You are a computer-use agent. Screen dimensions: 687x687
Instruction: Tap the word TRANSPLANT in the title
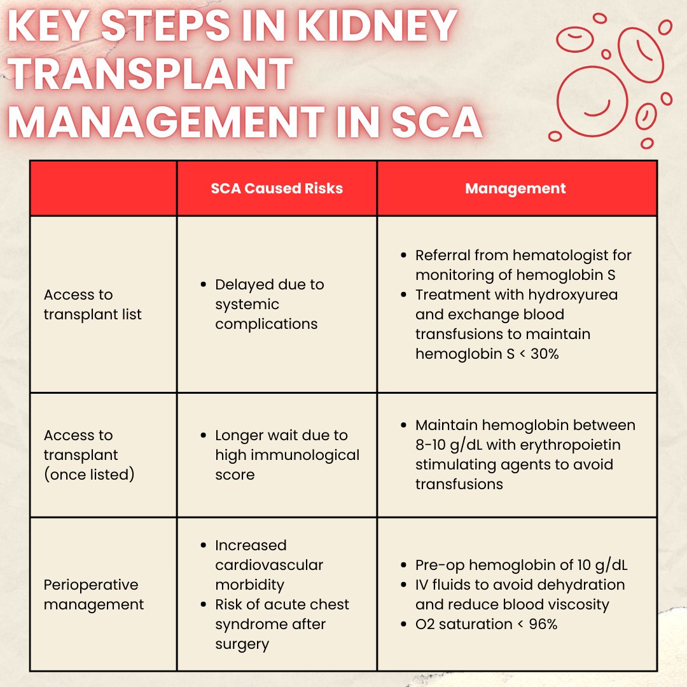point(151,74)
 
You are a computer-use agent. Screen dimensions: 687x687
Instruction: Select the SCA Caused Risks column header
point(277,188)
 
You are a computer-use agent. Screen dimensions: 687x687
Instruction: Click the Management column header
point(515,188)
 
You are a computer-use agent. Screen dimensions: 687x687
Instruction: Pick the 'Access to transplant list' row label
point(93,304)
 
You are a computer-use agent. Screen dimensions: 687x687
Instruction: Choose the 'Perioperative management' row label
point(94,594)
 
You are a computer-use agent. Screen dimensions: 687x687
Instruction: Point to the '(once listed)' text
point(89,475)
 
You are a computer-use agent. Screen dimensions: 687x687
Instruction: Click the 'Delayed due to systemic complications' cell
point(269,304)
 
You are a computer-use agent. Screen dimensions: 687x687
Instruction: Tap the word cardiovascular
point(269,565)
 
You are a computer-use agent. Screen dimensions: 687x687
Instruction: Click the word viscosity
point(573,604)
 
